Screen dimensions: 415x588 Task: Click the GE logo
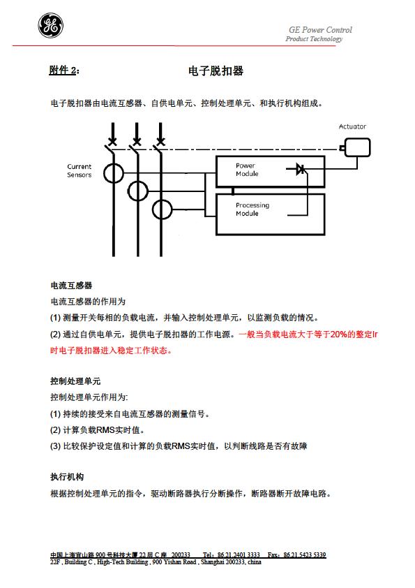point(50,26)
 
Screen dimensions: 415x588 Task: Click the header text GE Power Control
point(320,29)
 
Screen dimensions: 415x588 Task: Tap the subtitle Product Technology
point(314,38)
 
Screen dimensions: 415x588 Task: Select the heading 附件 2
point(63,70)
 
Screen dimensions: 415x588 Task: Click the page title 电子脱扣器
point(216,71)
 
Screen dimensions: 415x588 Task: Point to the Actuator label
point(352,127)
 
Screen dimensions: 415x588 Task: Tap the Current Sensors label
point(79,170)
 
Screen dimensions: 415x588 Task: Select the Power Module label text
point(247,170)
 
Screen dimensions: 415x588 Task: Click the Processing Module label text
point(252,210)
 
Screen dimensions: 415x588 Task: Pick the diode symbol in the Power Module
point(301,169)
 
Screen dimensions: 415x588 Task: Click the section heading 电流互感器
point(71,286)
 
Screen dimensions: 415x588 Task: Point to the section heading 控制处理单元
point(75,381)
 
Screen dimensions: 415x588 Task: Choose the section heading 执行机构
point(67,477)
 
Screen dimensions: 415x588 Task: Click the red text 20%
point(338,334)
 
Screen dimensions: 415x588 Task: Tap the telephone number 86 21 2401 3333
point(239,554)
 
